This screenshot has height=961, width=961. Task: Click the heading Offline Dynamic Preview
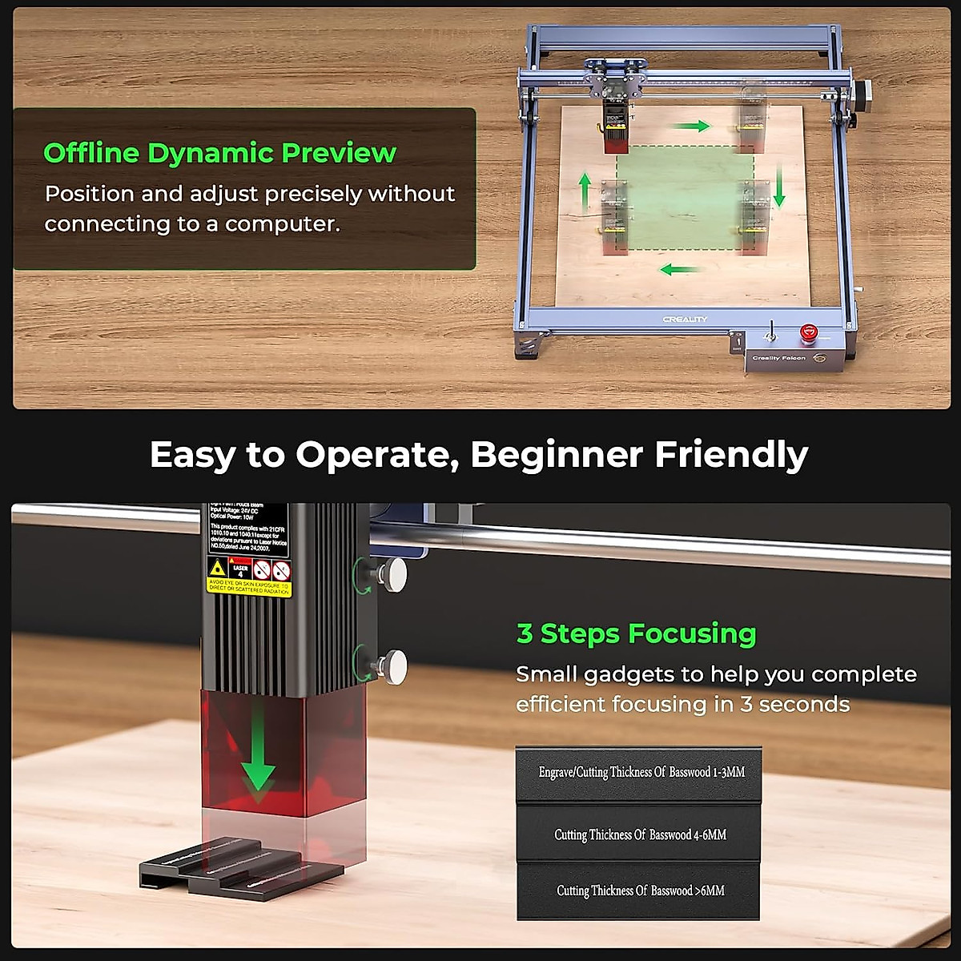219,153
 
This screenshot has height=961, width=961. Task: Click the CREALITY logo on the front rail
685,319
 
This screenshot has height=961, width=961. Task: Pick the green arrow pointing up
585,189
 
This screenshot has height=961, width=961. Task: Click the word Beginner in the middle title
557,454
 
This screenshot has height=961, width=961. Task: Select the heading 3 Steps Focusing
636,633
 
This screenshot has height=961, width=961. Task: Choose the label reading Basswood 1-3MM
641,772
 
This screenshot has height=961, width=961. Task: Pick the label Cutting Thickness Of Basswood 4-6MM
640,834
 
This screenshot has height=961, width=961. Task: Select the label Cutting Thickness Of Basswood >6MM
640,891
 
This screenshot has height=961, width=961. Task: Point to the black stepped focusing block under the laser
240,865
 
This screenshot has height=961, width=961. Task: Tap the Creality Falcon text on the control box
778,358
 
